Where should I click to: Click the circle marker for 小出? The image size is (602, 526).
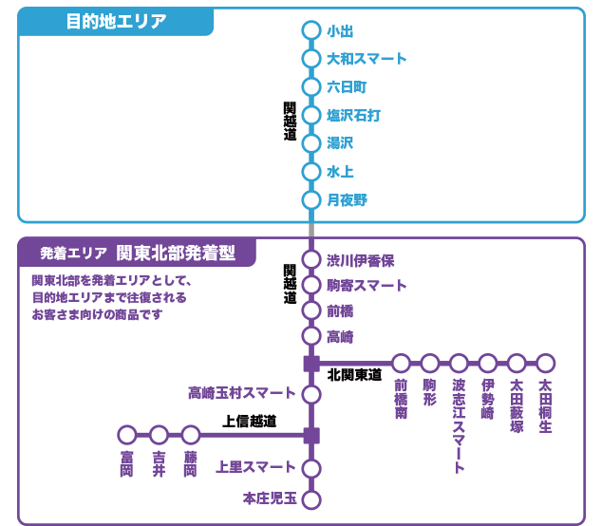[x=310, y=30]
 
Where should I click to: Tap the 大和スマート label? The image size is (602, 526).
[x=367, y=59]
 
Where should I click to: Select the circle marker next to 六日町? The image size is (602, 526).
[x=310, y=87]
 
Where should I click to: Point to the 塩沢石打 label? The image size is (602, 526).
[x=353, y=116]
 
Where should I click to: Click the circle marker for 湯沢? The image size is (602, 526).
[x=310, y=143]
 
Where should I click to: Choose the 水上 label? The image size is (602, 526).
[x=340, y=172]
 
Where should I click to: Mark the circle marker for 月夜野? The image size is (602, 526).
[x=310, y=200]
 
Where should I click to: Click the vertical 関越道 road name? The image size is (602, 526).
[x=290, y=122]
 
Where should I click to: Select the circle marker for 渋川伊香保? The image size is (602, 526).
[x=310, y=260]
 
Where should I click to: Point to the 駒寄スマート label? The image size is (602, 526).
[x=367, y=286]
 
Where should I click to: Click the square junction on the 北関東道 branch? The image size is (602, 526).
[x=310, y=364]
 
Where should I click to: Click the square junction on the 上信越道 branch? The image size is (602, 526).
[x=310, y=436]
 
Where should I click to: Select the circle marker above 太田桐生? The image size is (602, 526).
[x=545, y=364]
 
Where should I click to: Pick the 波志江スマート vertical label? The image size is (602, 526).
[x=459, y=427]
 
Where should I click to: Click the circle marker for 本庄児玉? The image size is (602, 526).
[x=310, y=499]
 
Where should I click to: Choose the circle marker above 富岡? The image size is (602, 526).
[x=127, y=436]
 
